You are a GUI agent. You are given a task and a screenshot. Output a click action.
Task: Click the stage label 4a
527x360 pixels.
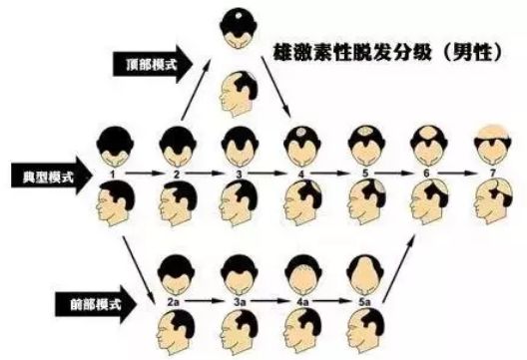pos(301,297)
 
